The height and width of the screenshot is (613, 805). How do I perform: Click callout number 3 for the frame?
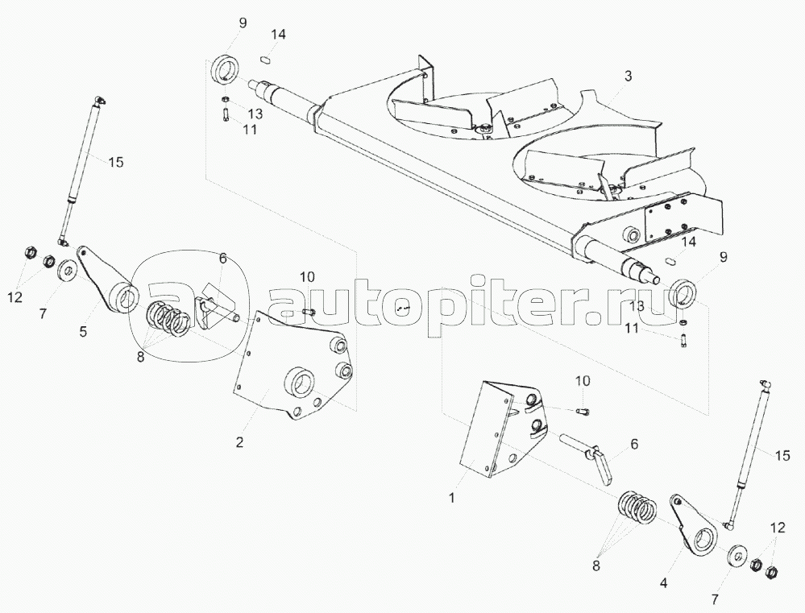(628, 76)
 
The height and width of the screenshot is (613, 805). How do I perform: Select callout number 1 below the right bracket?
(452, 498)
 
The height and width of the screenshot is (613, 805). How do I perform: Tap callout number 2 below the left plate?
(239, 441)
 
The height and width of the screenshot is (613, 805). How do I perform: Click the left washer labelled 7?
(67, 267)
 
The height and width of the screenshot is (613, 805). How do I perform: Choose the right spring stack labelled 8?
(637, 509)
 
